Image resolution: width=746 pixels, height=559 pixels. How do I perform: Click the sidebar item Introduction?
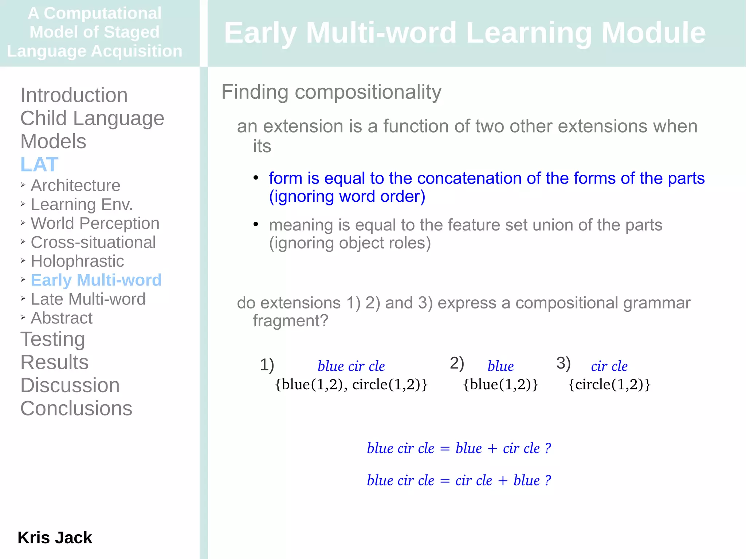click(x=74, y=95)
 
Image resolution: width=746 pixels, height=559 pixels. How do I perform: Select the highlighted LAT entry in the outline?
click(x=39, y=164)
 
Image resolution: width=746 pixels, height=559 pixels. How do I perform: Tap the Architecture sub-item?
click(x=75, y=185)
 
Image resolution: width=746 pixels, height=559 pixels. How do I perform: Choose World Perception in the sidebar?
click(x=95, y=223)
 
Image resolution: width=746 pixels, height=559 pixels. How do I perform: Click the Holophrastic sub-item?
click(x=77, y=261)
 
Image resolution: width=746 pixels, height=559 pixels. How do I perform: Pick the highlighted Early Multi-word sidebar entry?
click(x=96, y=280)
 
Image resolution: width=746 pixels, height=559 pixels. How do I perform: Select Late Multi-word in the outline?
click(x=88, y=299)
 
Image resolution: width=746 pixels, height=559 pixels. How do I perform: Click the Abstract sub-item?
click(x=62, y=318)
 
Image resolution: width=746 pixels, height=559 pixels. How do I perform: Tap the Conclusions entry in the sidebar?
click(x=76, y=408)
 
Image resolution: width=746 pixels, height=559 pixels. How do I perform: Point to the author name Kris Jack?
click(x=55, y=538)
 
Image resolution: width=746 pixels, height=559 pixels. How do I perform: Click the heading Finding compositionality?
click(x=331, y=92)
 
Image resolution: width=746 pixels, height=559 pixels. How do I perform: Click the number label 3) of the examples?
click(x=563, y=363)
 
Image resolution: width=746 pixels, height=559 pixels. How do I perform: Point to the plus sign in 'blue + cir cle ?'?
click(x=492, y=449)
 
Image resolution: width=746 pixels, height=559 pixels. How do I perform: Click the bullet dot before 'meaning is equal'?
click(x=256, y=224)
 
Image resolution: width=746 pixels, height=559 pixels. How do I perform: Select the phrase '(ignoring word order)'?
click(x=347, y=197)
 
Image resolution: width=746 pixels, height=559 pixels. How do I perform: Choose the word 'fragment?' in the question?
click(x=290, y=321)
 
